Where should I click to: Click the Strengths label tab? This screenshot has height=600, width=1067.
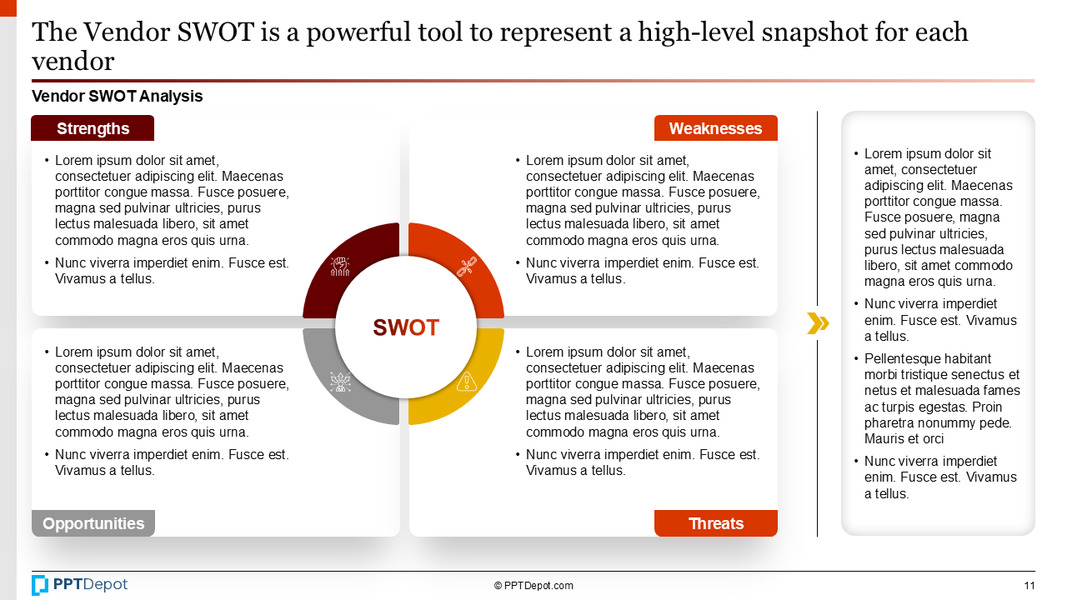(93, 128)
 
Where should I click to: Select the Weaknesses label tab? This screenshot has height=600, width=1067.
(715, 128)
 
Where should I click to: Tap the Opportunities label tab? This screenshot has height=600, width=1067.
(93, 523)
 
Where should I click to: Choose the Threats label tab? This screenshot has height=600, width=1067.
(715, 523)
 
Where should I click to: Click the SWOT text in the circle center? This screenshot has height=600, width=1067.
(406, 327)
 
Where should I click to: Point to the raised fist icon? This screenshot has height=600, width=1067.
(340, 266)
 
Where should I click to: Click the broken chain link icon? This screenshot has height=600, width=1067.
(466, 267)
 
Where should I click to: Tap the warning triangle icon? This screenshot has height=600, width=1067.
(466, 382)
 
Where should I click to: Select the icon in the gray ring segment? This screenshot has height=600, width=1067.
(340, 382)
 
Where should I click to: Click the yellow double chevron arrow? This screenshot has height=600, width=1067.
(818, 323)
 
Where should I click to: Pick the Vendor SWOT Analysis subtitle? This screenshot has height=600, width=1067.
(118, 96)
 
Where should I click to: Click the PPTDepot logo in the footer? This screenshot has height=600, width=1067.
(79, 585)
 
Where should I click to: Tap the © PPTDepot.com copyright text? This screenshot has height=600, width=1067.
(533, 585)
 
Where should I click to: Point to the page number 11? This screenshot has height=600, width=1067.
(1029, 586)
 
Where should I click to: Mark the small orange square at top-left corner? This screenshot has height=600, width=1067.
(8, 8)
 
